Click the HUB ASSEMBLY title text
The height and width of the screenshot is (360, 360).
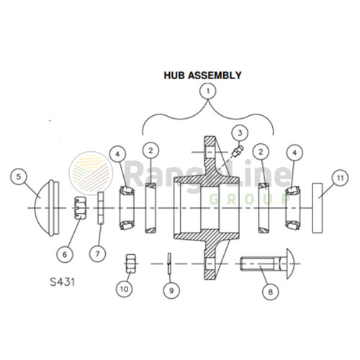coord(202,74)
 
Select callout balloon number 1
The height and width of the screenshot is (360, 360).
coord(209,91)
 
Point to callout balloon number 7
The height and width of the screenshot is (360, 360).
coord(98,253)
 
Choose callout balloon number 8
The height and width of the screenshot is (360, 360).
coord(271,292)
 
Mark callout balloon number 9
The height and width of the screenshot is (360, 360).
coord(171,291)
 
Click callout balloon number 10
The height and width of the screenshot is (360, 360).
coord(125,288)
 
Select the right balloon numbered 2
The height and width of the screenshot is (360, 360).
coord(263,151)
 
